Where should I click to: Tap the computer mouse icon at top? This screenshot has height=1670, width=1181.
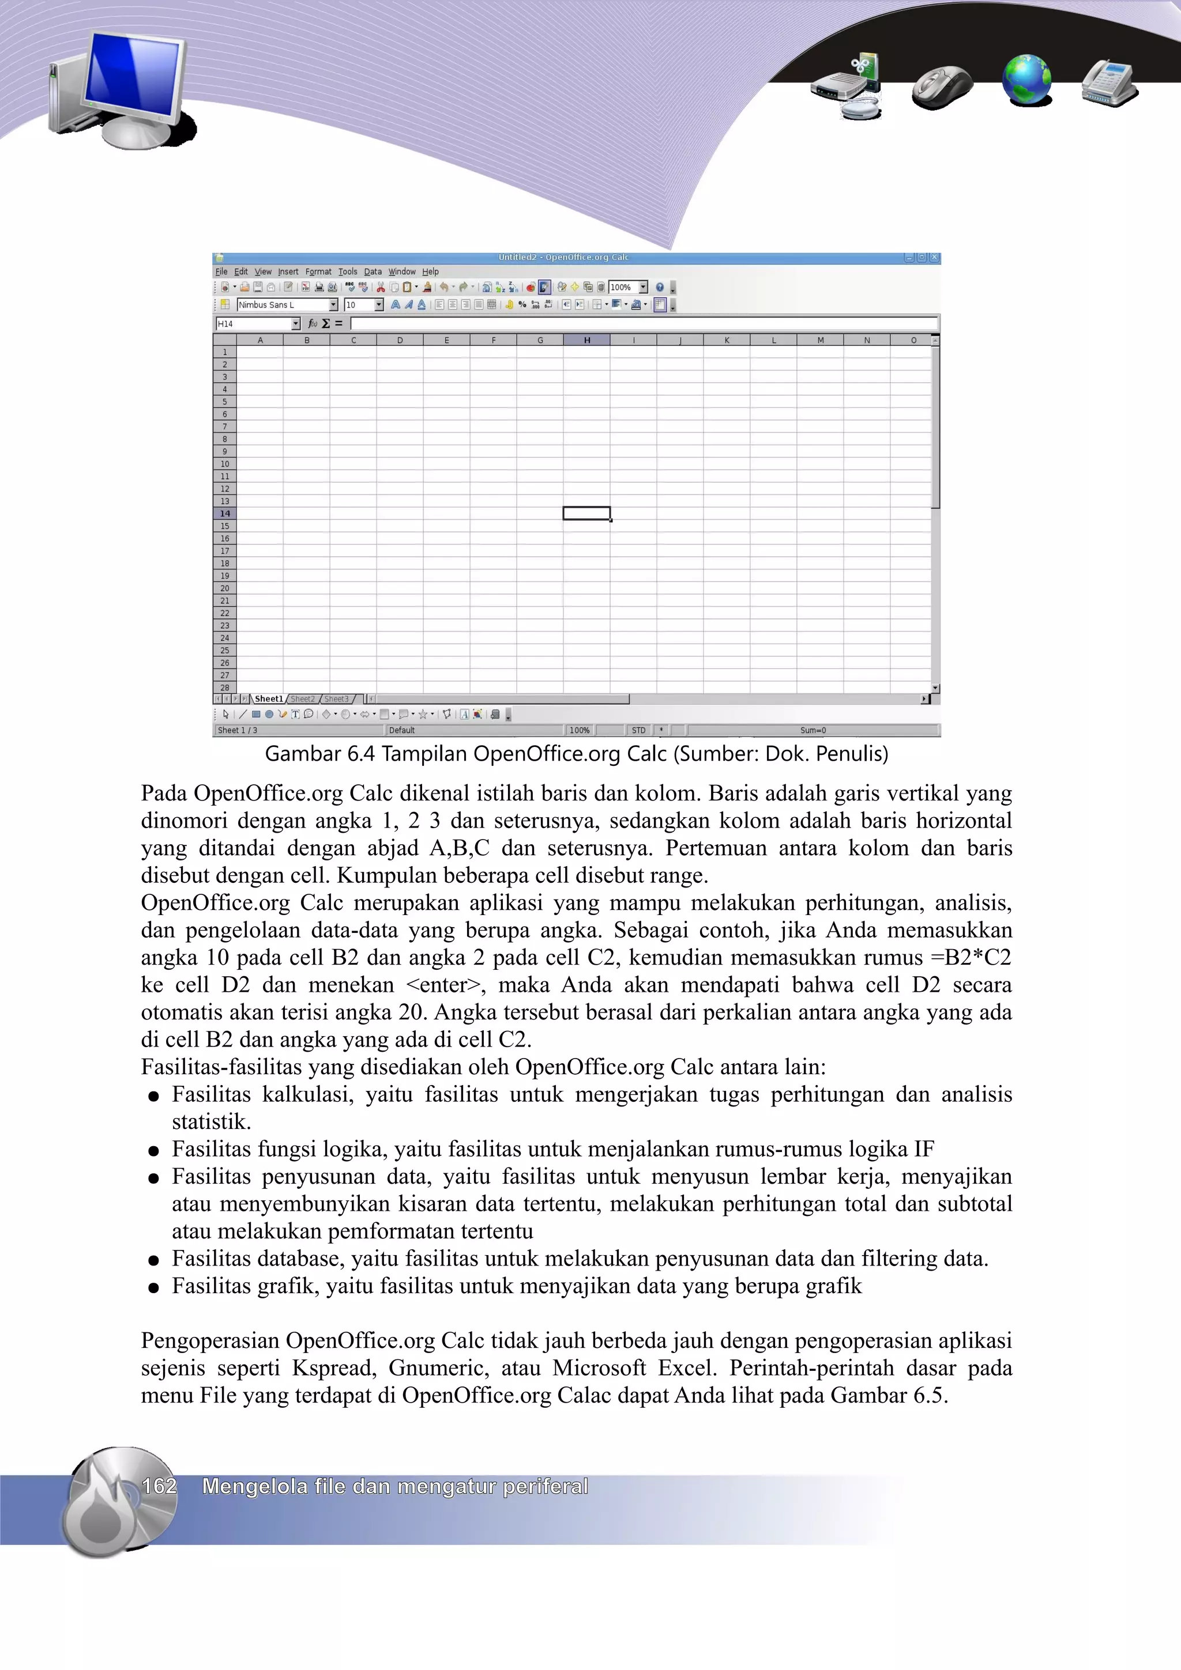tap(942, 86)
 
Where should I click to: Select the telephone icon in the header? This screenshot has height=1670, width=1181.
tap(1109, 83)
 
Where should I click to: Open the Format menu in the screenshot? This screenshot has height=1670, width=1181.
tap(318, 271)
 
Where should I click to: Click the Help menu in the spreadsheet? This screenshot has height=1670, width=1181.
tap(430, 271)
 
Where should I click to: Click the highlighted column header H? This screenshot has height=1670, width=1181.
tap(586, 339)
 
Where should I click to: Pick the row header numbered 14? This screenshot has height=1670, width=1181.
tap(225, 513)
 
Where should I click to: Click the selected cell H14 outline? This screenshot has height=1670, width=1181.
tap(586, 513)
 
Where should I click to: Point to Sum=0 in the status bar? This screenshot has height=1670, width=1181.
tap(813, 730)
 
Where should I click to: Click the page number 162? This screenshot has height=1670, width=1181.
tap(159, 1486)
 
